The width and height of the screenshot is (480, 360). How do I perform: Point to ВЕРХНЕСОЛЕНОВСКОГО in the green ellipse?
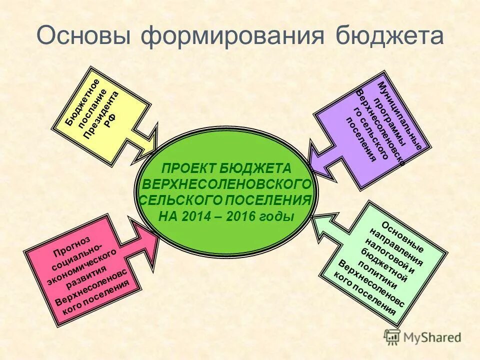(x=228, y=184)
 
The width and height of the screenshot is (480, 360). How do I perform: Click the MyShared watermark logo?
(x=423, y=336)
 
